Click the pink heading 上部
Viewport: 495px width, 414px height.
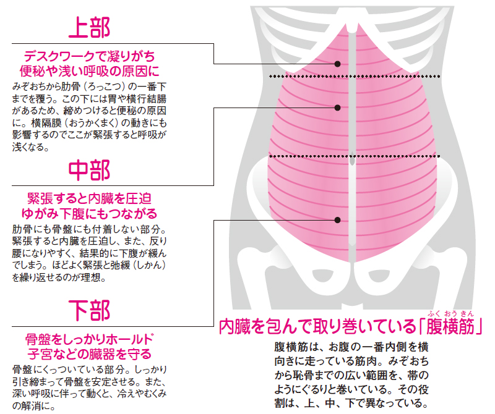click(89, 28)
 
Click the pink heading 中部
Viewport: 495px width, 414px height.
click(89, 170)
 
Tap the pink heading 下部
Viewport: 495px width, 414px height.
click(89, 311)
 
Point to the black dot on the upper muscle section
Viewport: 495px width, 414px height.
click(337, 64)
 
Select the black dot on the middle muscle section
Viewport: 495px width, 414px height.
click(337, 108)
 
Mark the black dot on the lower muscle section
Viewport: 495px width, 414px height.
click(337, 220)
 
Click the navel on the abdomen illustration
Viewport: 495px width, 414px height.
click(352, 159)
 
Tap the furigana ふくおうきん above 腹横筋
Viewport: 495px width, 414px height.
click(451, 313)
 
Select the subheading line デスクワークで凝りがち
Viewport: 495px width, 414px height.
click(89, 56)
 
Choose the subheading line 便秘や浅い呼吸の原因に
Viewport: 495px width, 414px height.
click(89, 71)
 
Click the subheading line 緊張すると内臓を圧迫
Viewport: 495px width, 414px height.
click(89, 198)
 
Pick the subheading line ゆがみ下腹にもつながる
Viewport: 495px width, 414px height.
click(89, 213)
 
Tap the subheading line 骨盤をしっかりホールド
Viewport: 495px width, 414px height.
click(89, 339)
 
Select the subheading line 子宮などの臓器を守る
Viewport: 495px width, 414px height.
click(89, 354)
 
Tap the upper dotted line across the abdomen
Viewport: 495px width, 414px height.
click(355, 76)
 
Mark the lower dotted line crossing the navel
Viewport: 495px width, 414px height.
click(355, 156)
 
